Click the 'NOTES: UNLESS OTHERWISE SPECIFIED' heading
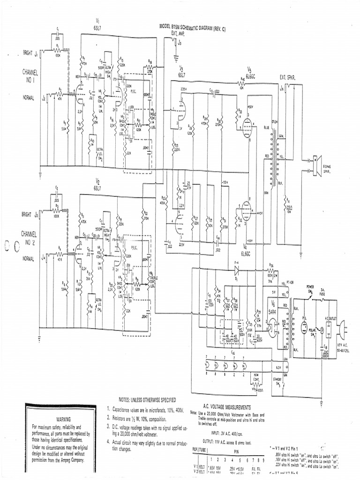147,400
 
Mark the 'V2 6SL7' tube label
98,183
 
